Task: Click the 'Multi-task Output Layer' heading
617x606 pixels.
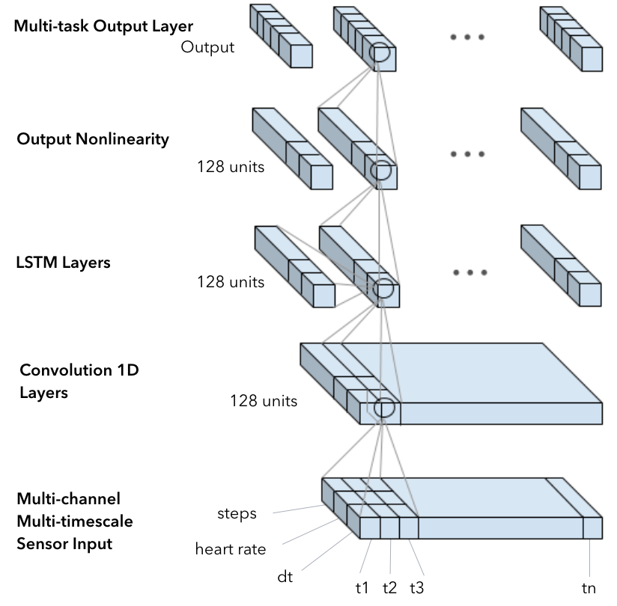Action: (103, 26)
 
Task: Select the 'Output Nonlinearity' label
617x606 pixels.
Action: (93, 139)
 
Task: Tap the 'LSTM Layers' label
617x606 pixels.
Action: (63, 263)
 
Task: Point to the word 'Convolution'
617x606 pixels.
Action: (66, 370)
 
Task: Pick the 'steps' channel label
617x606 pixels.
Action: (237, 513)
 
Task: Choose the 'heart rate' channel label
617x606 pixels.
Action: (231, 549)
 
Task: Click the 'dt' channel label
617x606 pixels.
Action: (285, 577)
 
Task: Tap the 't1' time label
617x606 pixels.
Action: (362, 588)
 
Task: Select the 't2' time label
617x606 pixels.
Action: (389, 588)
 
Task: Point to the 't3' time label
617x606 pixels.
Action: (417, 588)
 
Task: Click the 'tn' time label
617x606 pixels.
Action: (589, 589)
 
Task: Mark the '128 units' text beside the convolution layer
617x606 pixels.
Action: (264, 401)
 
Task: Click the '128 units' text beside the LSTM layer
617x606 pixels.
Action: (231, 282)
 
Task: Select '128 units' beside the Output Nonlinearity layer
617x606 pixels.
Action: (231, 167)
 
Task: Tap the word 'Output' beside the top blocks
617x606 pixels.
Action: (207, 47)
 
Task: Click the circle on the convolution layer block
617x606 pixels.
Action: (384, 408)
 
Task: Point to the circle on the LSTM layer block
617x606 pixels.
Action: (383, 288)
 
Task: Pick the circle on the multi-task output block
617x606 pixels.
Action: (380, 52)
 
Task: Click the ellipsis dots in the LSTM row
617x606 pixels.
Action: (470, 272)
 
